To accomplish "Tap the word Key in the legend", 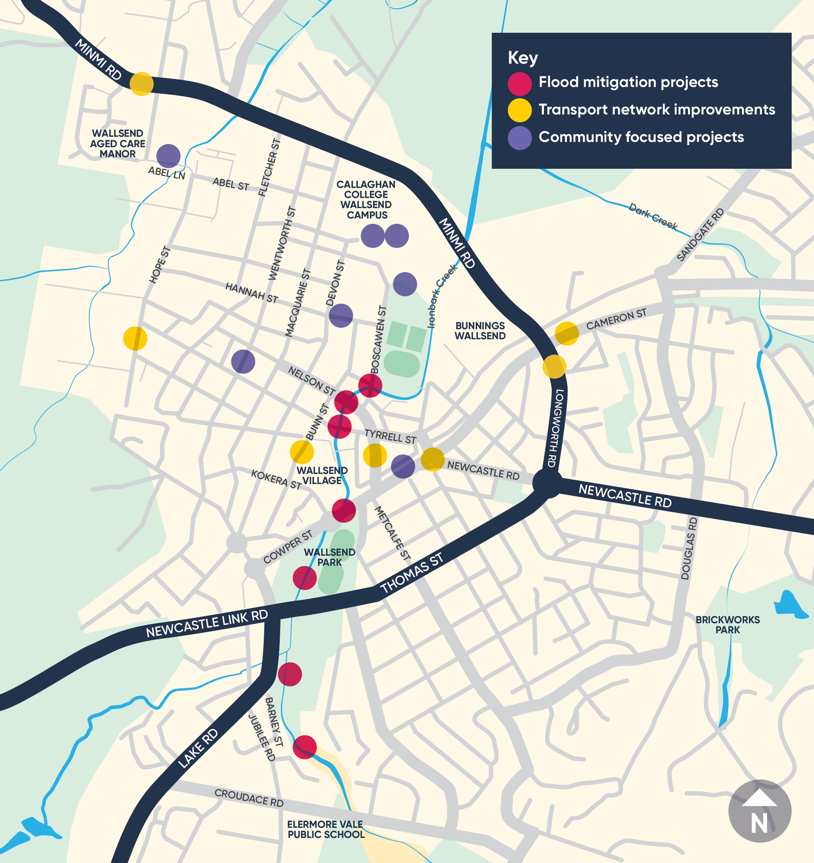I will (x=523, y=58).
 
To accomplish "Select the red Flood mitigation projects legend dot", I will (x=519, y=83).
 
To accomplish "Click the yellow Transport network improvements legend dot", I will (x=519, y=110).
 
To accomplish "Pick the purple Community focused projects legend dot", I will (x=519, y=138).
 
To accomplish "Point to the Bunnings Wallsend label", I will (x=480, y=330).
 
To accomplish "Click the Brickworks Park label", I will (x=728, y=624).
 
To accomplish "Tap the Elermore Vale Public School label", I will (x=326, y=829).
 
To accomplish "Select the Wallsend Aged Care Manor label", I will (x=117, y=143).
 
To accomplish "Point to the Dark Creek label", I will (x=653, y=216).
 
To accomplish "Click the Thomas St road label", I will (x=411, y=572).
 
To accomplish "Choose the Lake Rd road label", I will (x=198, y=748).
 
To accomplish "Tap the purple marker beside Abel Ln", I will (x=168, y=156).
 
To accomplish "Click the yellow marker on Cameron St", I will (x=566, y=333).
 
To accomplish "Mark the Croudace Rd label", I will (x=249, y=798).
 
